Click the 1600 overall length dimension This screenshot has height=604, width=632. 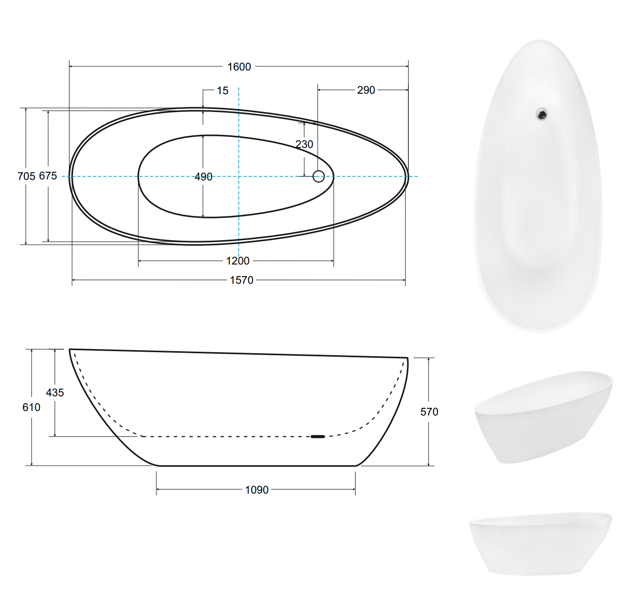click(239, 67)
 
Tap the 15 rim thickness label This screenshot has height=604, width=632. click(223, 91)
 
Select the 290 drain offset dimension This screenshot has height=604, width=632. click(366, 90)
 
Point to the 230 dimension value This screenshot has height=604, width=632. click(304, 144)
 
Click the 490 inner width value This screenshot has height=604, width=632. click(203, 177)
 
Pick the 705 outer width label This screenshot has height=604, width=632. click(26, 176)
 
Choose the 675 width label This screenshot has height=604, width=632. click(48, 176)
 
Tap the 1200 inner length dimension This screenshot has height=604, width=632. click(238, 261)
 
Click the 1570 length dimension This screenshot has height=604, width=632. click(241, 280)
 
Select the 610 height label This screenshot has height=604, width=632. click(31, 407)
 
